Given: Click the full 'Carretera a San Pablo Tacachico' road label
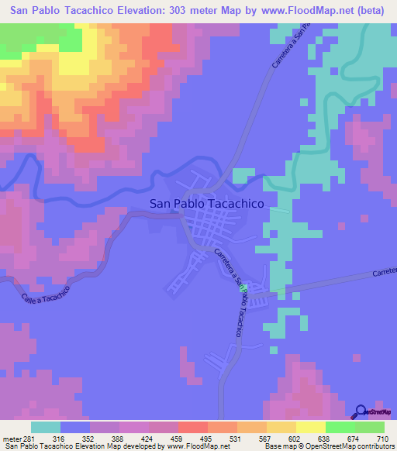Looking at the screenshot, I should [232, 294].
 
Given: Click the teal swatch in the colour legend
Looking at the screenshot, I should [46, 427].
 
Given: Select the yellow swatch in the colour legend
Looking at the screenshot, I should [311, 427].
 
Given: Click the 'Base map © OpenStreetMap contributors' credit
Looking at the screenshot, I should [328, 446].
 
